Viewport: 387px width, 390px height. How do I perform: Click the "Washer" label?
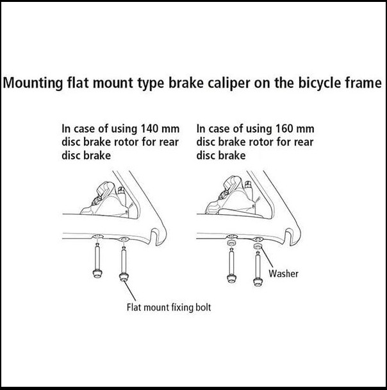283,274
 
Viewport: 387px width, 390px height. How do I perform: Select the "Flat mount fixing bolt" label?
168,307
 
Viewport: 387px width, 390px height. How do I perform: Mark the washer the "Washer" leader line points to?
258,246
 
